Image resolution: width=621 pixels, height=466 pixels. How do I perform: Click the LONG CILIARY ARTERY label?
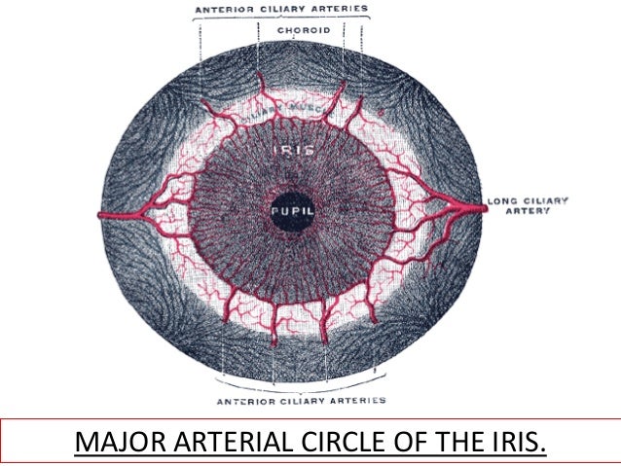[x=528, y=206]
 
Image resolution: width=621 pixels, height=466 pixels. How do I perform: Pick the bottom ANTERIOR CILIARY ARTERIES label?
[x=301, y=400]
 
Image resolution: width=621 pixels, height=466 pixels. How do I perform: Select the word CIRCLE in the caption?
[x=328, y=444]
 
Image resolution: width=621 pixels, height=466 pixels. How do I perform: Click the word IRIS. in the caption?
[x=516, y=444]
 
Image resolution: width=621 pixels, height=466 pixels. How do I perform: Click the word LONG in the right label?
[x=501, y=201]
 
